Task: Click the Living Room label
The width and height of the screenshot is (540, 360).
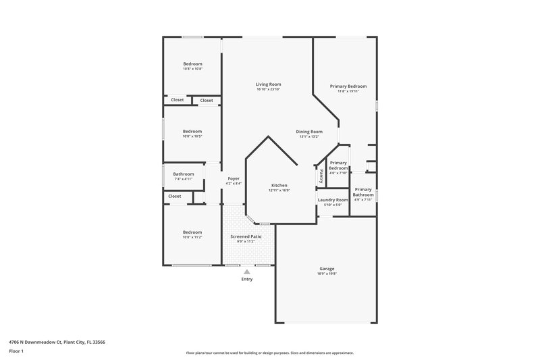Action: (268, 84)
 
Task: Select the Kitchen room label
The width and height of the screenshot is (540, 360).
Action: (279, 185)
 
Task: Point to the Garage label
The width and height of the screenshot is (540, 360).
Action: (327, 268)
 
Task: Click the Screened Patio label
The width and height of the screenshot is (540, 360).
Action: (246, 236)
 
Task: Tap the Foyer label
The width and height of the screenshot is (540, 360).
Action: (234, 178)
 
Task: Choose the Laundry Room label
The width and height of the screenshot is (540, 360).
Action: (333, 200)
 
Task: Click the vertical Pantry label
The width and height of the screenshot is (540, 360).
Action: (321, 175)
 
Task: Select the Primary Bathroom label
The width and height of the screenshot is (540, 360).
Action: (363, 192)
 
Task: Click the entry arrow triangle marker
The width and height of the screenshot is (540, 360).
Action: (246, 271)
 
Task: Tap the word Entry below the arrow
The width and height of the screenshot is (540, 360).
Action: (246, 279)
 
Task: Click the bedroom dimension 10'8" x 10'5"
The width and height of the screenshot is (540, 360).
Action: (192, 136)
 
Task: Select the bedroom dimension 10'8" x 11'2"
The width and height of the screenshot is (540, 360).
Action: (192, 237)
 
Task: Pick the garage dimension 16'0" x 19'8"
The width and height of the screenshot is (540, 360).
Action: (327, 274)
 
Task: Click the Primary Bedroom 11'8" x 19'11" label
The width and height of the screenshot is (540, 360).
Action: (348, 88)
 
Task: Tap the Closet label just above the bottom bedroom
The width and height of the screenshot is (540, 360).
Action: (175, 196)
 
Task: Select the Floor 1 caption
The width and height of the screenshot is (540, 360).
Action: (16, 351)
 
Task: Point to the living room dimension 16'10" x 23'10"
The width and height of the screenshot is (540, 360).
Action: (268, 89)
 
